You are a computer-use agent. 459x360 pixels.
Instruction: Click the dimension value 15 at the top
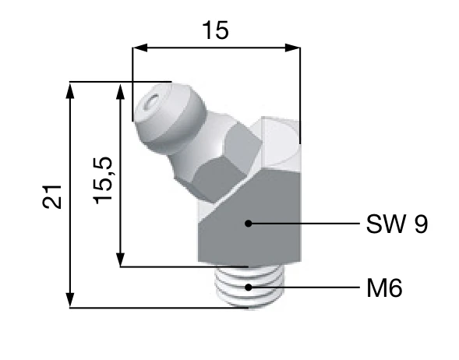click(x=215, y=30)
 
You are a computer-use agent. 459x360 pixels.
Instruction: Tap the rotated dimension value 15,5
click(x=103, y=179)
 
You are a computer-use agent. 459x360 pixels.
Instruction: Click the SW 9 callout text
click(x=397, y=225)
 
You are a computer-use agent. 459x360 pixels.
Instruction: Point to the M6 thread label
click(x=384, y=289)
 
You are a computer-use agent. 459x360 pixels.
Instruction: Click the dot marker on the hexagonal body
click(x=248, y=224)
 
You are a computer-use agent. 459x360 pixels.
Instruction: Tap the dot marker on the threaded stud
click(x=249, y=287)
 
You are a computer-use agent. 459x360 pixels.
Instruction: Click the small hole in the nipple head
click(x=152, y=101)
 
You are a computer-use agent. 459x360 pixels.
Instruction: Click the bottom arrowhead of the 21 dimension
click(x=71, y=302)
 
